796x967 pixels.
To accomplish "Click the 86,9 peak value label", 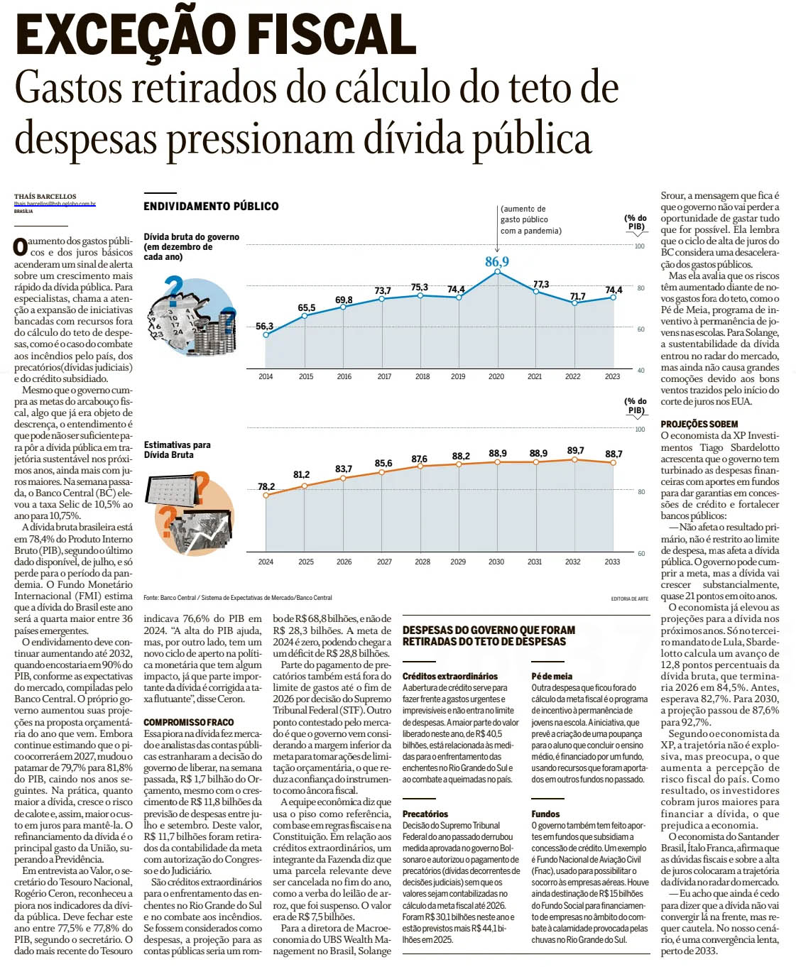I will point(497,261).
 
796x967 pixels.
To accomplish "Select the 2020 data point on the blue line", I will point(497,271).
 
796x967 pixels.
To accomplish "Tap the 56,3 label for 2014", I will point(264,326).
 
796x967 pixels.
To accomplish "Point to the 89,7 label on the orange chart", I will point(575,451).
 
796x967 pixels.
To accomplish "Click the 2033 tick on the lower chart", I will point(612,562).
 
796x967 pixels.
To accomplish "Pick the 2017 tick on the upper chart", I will point(384,376).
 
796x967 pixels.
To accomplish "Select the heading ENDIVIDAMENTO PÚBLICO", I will point(211,206).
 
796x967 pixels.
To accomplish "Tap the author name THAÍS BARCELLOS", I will point(45,197).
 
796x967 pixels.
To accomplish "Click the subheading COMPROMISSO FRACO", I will point(188,722).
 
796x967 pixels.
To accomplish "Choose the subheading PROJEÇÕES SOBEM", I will point(699,424).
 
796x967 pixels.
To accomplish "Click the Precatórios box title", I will point(425,814).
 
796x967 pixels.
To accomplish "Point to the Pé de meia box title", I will point(552,676).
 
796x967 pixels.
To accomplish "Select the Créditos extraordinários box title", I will point(450,676).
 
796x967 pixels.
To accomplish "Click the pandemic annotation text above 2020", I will point(530,219).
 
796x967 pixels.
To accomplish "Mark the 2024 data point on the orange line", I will point(266,495).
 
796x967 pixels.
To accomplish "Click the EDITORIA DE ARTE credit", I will point(629,599).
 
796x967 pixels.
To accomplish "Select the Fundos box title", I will point(545,814).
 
